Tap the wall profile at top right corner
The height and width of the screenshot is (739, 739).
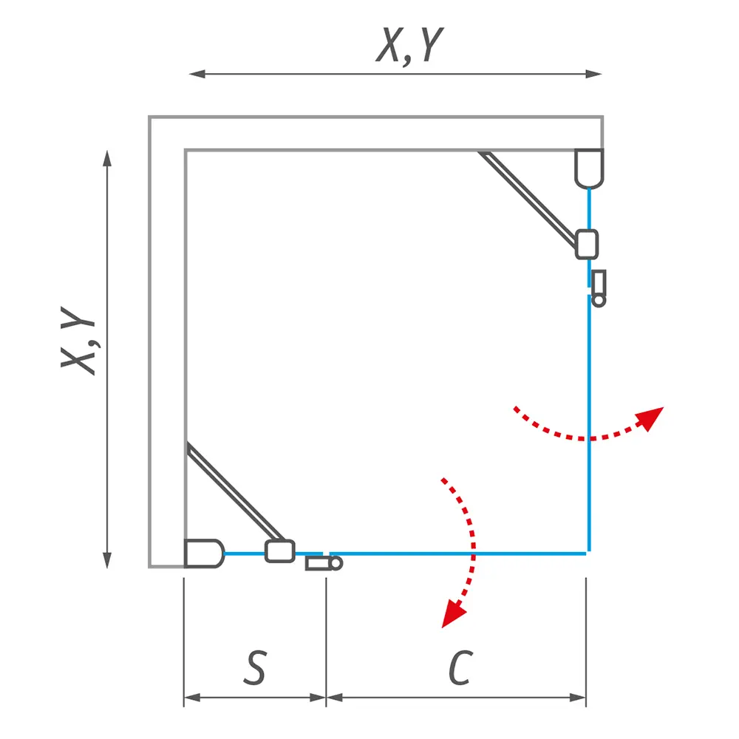[x=589, y=167]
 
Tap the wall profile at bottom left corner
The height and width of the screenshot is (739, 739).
[x=202, y=553]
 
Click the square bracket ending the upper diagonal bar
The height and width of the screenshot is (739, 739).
[x=586, y=244]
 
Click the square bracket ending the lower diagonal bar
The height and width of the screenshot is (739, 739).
[x=280, y=551]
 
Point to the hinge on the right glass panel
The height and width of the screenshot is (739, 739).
[x=599, y=287]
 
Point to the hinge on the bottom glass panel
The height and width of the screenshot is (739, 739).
[x=324, y=563]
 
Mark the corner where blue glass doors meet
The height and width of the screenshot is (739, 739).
[x=588, y=552]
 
